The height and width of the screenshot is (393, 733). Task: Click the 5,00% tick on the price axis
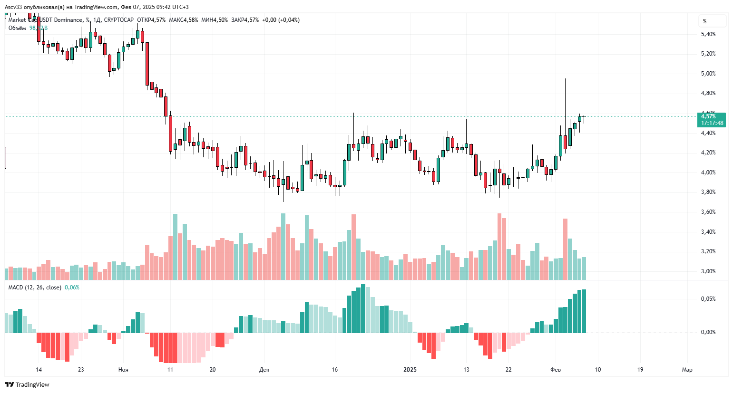coord(708,74)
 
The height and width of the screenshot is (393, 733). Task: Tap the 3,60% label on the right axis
coord(708,212)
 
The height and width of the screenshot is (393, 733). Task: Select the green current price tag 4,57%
coord(708,116)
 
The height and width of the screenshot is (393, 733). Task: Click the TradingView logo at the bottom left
coord(27,384)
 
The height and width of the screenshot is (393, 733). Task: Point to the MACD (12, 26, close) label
coord(35,288)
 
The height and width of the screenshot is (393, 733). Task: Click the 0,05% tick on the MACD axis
coord(708,299)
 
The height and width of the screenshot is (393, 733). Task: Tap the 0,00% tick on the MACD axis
coord(708,332)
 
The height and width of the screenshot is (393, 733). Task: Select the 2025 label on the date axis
coord(410,370)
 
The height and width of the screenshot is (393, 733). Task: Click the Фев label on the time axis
coord(556,370)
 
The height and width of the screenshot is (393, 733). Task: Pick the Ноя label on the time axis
coord(123,370)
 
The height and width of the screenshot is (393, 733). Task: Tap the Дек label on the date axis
coord(264,370)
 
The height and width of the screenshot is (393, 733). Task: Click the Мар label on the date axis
coord(687,370)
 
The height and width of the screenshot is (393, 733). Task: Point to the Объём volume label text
coord(17,28)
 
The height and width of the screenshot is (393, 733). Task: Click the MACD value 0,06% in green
coord(72,288)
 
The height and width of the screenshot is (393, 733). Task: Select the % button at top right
coord(704,21)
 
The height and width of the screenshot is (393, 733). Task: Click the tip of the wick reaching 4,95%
coord(565,79)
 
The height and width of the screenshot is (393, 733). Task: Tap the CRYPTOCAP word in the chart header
coord(118,20)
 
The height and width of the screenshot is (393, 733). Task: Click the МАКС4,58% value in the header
coord(184,20)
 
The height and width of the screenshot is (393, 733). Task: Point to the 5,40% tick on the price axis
coord(708,34)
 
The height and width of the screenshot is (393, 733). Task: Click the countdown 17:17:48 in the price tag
coord(712,123)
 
